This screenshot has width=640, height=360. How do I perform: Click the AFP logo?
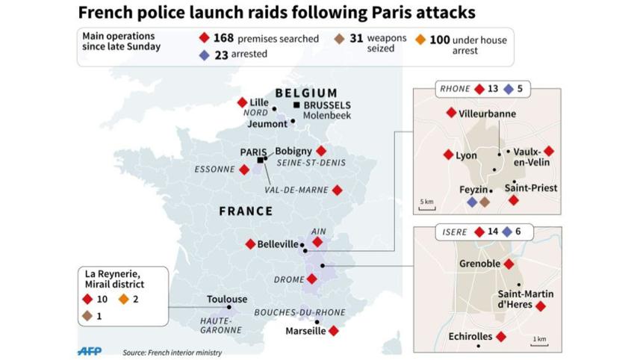pyautogui.click(x=90, y=350)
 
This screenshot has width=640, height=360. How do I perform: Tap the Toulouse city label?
pyautogui.click(x=227, y=300)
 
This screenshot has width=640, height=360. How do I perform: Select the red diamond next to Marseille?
pyautogui.click(x=334, y=331)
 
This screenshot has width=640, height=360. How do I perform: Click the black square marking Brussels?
pyautogui.click(x=297, y=105)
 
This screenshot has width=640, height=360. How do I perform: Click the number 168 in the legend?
pyautogui.click(x=223, y=38)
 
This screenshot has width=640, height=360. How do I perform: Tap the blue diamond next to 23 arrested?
pyautogui.click(x=204, y=55)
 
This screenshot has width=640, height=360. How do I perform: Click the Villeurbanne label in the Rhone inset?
pyautogui.click(x=487, y=113)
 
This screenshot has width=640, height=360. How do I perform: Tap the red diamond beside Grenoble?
pyautogui.click(x=509, y=264)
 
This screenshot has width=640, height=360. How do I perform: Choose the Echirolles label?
pyautogui.click(x=470, y=337)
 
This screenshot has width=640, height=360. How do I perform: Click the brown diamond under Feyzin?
pyautogui.click(x=484, y=202)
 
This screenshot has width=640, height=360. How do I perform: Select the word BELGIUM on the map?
pyautogui.click(x=306, y=93)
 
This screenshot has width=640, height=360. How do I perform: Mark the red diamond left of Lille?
pyautogui.click(x=241, y=102)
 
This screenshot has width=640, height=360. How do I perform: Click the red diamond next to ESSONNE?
pyautogui.click(x=244, y=170)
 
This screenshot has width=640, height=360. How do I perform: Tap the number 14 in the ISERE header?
pyautogui.click(x=492, y=232)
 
